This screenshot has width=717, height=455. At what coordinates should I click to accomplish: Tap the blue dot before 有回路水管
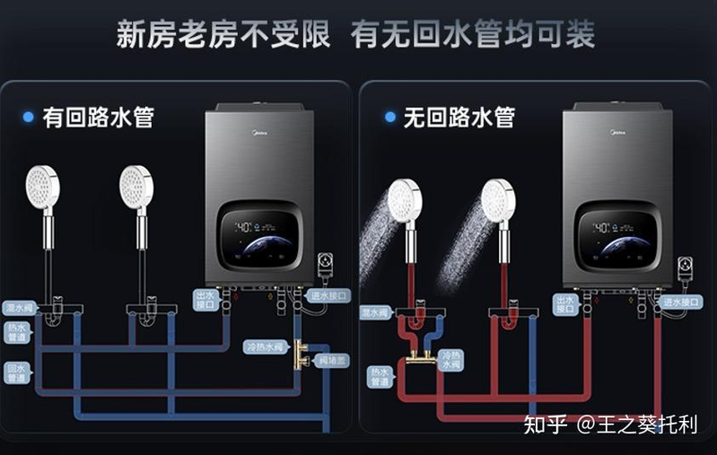point(28,118)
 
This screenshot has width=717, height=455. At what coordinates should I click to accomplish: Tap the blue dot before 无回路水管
point(390,117)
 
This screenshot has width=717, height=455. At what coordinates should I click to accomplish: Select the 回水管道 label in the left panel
point(17,372)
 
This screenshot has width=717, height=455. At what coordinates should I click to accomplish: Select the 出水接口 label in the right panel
point(564,303)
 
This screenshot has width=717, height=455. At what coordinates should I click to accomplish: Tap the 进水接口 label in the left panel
point(328,295)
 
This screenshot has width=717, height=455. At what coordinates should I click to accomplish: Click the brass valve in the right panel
point(418,357)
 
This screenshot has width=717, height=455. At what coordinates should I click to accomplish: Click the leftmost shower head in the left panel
point(44,188)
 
